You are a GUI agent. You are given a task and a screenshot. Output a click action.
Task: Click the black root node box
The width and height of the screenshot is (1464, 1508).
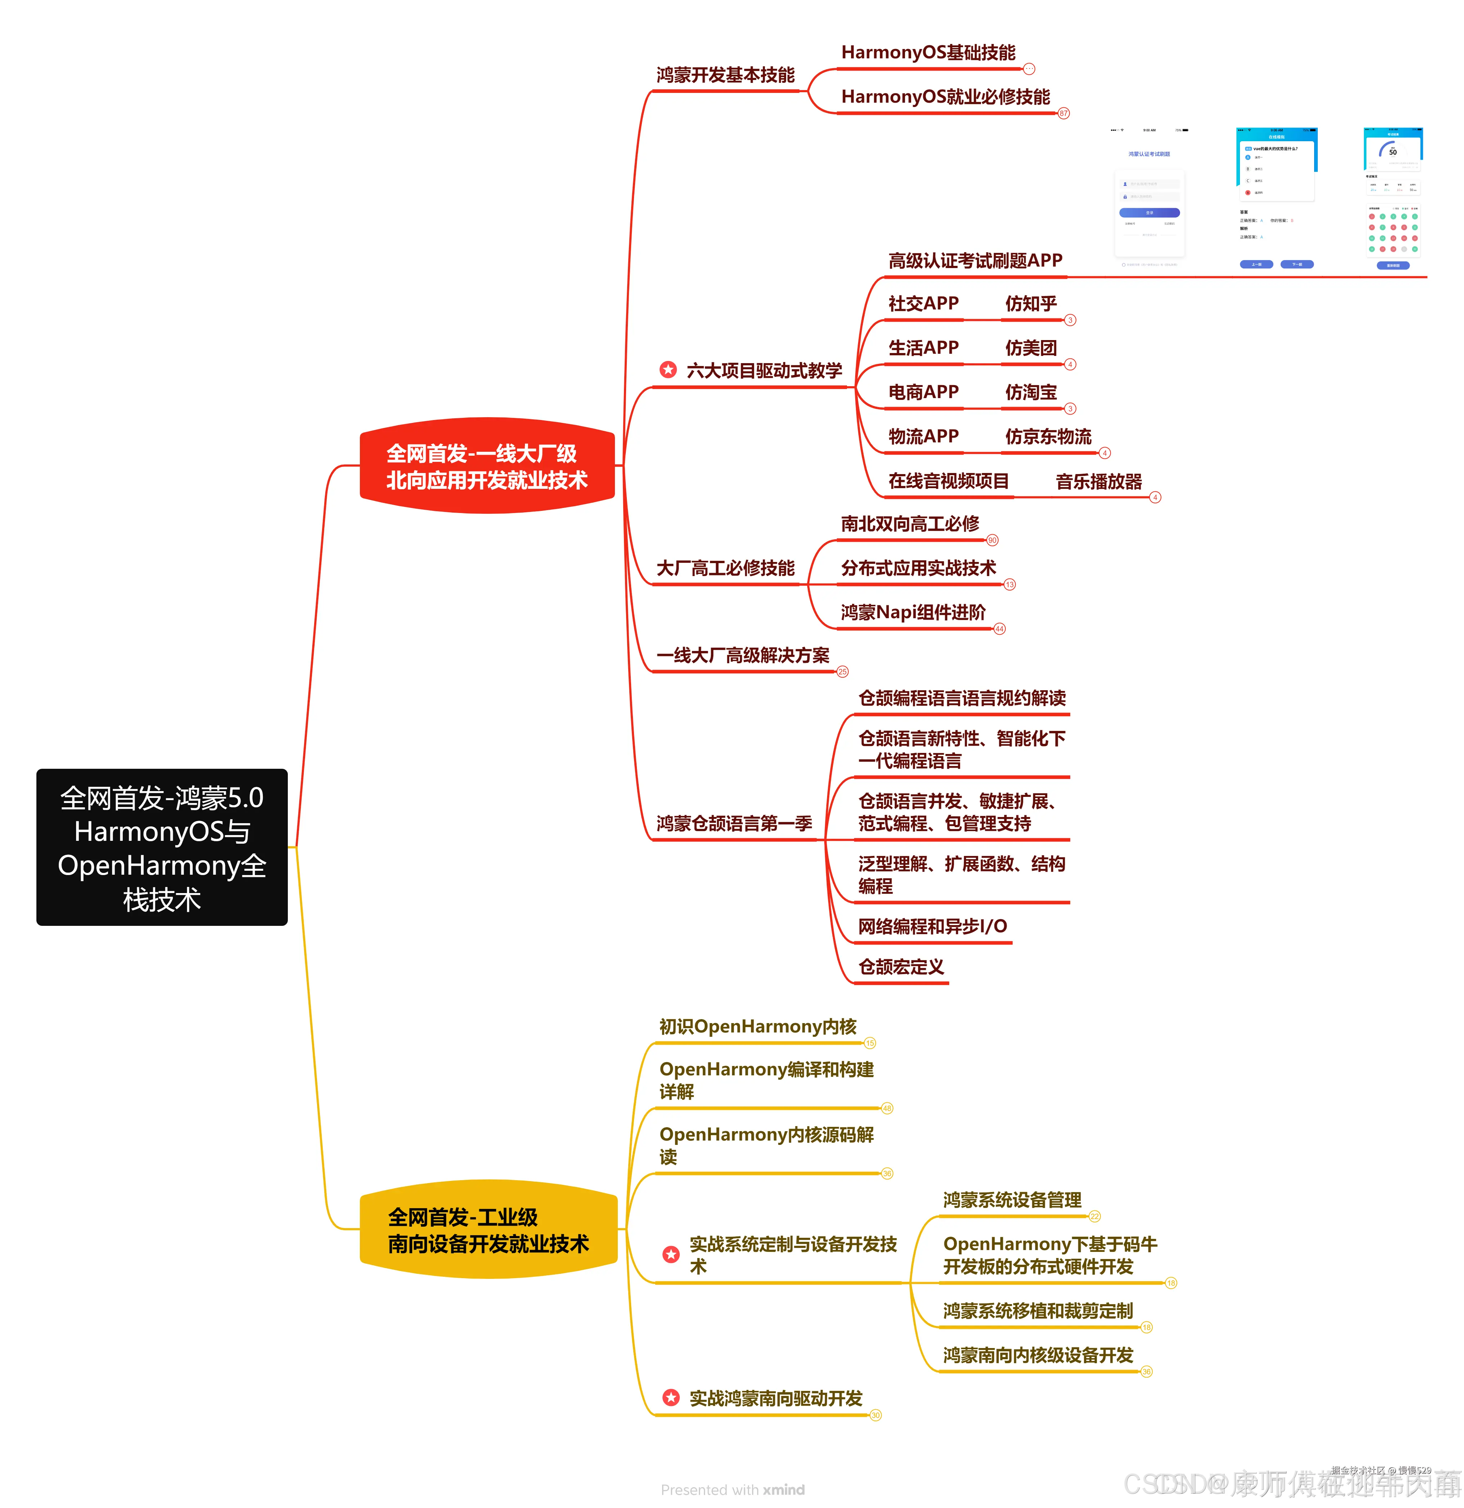tap(161, 847)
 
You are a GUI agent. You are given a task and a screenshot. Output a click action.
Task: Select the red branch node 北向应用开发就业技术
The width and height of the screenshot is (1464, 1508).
tap(487, 466)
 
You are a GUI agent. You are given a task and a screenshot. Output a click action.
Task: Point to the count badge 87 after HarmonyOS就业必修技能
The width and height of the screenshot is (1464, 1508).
tap(1063, 113)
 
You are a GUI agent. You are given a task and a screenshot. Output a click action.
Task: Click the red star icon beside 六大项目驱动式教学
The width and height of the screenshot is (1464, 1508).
tap(668, 370)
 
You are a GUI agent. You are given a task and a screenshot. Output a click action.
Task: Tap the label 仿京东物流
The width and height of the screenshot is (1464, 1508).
tap(1048, 437)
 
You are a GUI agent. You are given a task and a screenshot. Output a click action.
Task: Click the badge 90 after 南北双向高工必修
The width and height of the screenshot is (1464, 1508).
tap(992, 540)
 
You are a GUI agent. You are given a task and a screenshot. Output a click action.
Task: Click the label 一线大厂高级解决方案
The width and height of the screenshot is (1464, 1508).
tap(742, 656)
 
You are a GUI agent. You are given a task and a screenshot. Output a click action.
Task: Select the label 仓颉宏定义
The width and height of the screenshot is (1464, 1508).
tap(901, 967)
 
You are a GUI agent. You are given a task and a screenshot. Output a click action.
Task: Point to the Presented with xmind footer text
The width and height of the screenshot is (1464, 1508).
tap(732, 1490)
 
